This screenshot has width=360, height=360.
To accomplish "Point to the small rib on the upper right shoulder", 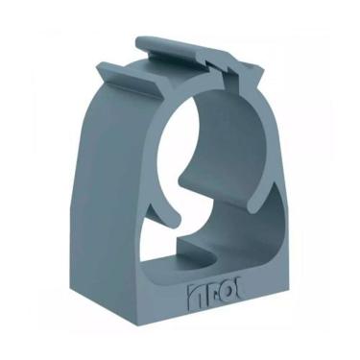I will pos(251,92).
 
